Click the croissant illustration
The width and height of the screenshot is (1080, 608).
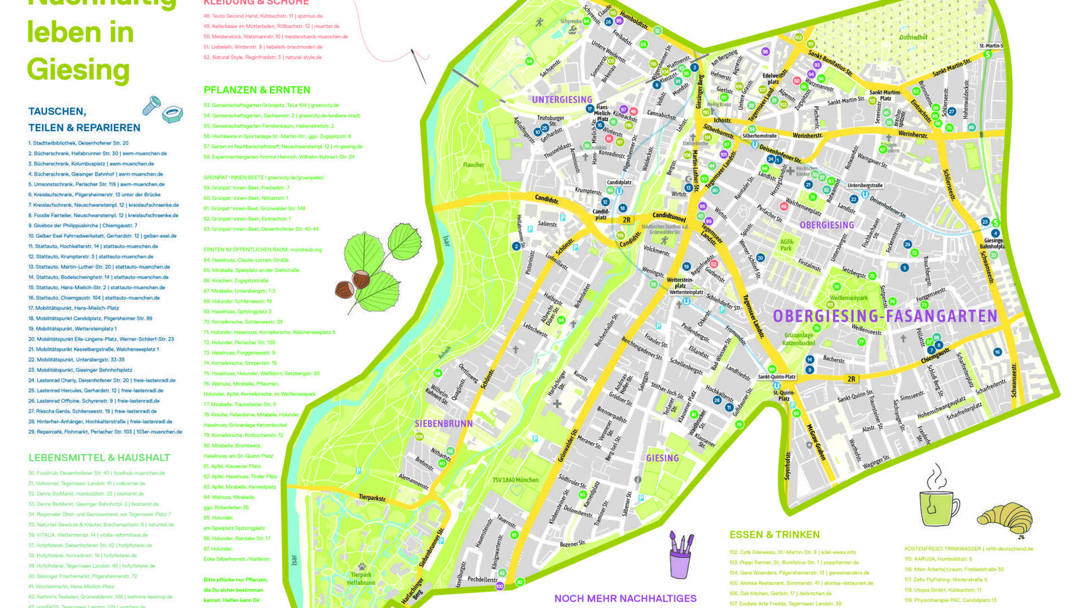1004,519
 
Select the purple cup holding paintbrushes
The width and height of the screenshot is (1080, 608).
680,557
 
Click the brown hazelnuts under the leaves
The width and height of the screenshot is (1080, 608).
353,284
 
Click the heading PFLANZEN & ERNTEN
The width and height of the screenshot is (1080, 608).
256,90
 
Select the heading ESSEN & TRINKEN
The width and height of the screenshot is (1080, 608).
774,534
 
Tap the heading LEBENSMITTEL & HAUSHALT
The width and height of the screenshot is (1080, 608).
99,457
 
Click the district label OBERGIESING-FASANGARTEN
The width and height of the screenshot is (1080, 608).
884,316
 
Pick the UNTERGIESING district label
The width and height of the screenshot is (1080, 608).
562,100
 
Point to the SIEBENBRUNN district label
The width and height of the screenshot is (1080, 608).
443,424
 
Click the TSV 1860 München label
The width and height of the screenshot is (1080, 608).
515,480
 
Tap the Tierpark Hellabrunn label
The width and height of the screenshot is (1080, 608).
361,578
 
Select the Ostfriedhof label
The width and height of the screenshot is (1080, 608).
913,37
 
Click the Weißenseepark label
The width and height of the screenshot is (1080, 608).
848,297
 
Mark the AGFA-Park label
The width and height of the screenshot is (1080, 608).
787,244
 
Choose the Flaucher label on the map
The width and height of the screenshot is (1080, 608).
473,164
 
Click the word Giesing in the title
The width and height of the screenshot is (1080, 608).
78,69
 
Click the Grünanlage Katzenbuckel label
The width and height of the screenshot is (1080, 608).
799,338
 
